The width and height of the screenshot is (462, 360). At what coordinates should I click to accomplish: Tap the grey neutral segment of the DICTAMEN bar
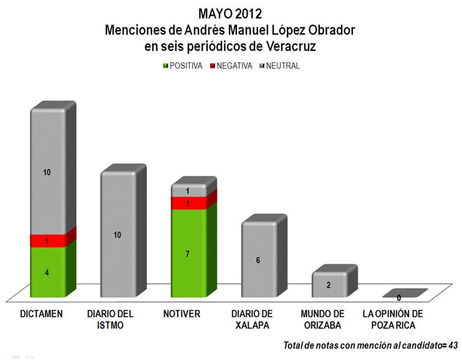click(x=47, y=171)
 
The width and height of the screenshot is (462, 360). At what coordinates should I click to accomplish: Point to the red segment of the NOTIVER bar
click(x=188, y=204)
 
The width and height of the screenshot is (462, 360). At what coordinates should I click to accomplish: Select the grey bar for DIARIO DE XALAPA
click(x=258, y=260)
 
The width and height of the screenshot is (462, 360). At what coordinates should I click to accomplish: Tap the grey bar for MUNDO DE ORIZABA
click(x=329, y=285)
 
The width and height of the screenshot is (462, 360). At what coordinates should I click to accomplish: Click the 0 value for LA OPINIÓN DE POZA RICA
click(x=398, y=298)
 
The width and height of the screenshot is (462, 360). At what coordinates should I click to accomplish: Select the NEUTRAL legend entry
click(x=279, y=65)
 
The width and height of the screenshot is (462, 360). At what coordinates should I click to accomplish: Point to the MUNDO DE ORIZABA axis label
click(x=322, y=319)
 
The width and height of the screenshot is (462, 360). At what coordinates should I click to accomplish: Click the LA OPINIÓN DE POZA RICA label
click(x=392, y=319)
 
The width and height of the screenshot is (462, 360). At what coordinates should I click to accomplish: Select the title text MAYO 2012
click(x=231, y=13)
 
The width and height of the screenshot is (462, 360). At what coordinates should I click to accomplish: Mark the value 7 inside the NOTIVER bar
click(x=188, y=254)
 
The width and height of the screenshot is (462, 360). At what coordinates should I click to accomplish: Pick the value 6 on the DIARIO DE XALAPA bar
click(x=258, y=260)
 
